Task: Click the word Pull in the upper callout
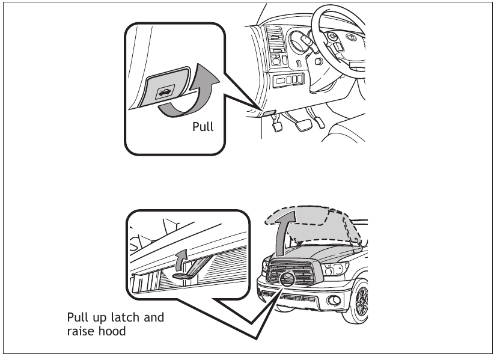click(x=203, y=127)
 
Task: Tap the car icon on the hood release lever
click(x=163, y=91)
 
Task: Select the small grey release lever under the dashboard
click(x=268, y=112)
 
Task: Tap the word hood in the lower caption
click(x=113, y=331)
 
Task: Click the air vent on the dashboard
click(x=273, y=38)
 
